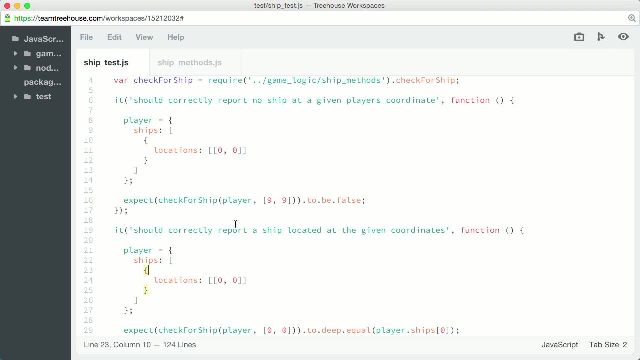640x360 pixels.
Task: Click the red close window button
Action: [x=7, y=6]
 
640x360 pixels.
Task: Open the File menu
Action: [x=86, y=37]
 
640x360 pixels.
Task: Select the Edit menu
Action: [x=114, y=37]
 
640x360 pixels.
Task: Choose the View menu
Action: [x=144, y=37]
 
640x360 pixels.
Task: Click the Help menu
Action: [x=176, y=37]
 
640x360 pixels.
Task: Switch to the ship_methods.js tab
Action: [x=189, y=63]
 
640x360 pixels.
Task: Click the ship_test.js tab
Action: [x=106, y=63]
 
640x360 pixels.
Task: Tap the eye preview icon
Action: [x=623, y=37]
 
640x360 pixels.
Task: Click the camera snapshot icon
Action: [x=579, y=37]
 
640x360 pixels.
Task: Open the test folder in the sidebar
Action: [x=43, y=97]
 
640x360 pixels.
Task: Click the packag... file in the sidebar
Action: [x=43, y=82]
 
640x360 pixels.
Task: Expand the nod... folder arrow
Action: [x=15, y=68]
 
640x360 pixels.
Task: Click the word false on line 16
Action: [x=349, y=200]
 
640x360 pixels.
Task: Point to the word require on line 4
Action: [x=225, y=80]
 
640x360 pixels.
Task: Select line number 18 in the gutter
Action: [x=88, y=220]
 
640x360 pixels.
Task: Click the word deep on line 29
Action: [x=331, y=330]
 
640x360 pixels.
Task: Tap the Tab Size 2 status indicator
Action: [x=608, y=345]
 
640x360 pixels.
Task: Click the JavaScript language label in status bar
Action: [x=560, y=345]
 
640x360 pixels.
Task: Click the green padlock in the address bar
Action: [x=7, y=18]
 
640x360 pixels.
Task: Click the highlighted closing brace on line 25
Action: [x=146, y=290]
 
